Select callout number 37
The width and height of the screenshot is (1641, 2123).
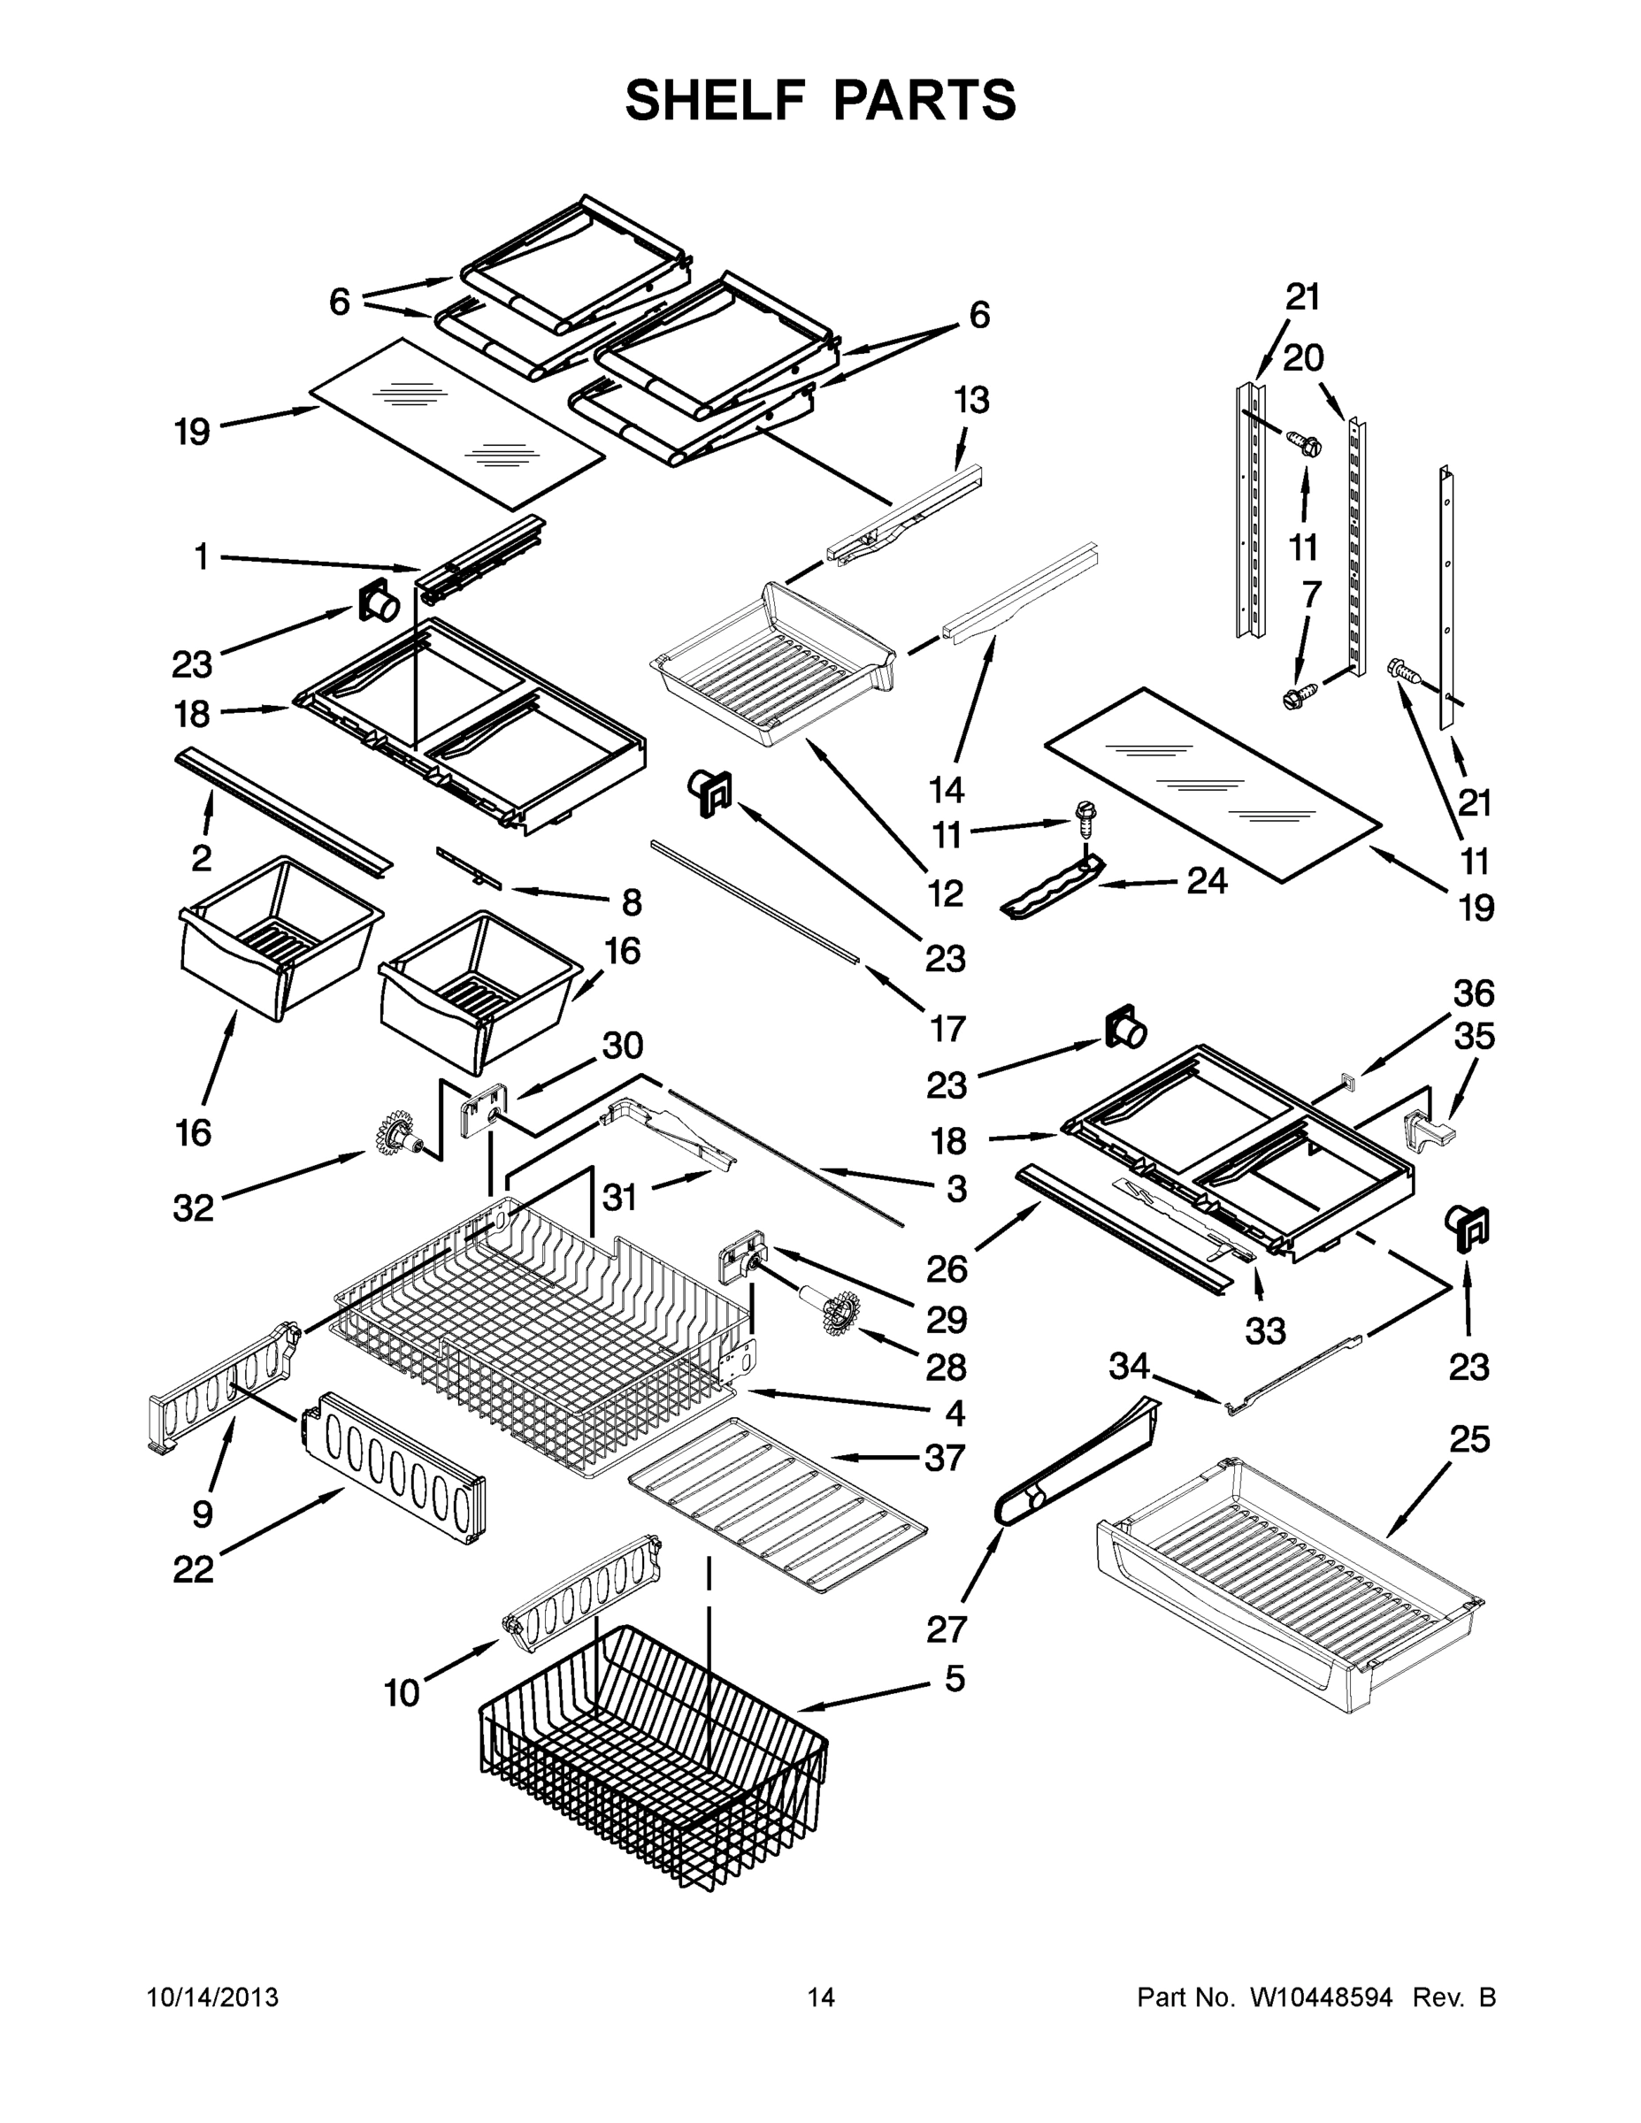[944, 1457]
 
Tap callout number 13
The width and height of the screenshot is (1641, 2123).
[971, 400]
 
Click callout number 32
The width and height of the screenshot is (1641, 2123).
[193, 1208]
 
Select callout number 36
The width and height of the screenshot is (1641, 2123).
[1474, 993]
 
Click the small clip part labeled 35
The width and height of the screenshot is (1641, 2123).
[1427, 1130]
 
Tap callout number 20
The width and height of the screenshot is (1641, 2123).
[1303, 358]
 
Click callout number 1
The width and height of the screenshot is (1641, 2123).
[201, 558]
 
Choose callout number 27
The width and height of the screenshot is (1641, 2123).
[946, 1629]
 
